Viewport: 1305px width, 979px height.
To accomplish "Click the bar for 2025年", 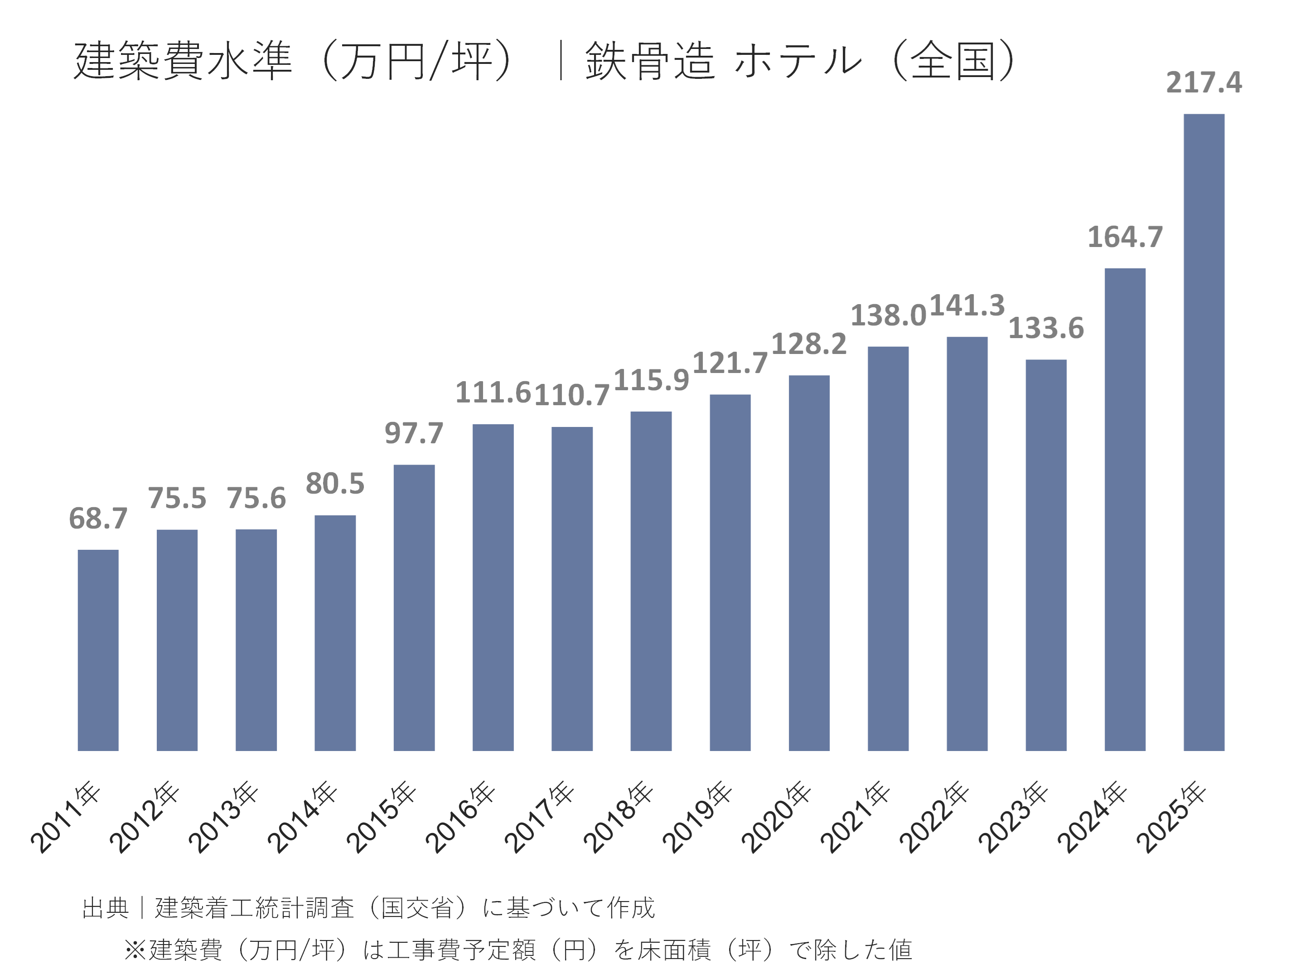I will pos(1203,432).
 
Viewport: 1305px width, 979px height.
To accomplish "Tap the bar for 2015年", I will pos(414,607).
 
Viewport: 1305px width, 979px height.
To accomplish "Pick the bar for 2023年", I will pos(1046,555).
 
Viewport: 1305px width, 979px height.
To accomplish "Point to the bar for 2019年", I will pos(730,572).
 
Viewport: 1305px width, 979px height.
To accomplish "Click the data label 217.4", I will pos(1203,82).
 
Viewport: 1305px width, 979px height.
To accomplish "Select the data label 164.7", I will pos(1125,237).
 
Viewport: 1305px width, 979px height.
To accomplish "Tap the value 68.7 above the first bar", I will pos(98,519).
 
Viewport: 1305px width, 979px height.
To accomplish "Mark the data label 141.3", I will pos(967,305).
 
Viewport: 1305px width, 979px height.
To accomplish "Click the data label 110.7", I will pos(572,395).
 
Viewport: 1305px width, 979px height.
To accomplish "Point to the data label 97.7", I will pos(414,433).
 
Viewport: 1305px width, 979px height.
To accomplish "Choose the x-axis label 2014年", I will pos(302,817).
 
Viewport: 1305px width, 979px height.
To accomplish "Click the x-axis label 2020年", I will pos(776,817).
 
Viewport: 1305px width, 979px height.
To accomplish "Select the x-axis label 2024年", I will pos(1092,817).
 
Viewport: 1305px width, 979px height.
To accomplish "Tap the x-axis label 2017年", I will pos(539,817).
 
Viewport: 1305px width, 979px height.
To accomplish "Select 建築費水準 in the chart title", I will pos(184,61).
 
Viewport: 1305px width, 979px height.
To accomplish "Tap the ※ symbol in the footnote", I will pos(135,950).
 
